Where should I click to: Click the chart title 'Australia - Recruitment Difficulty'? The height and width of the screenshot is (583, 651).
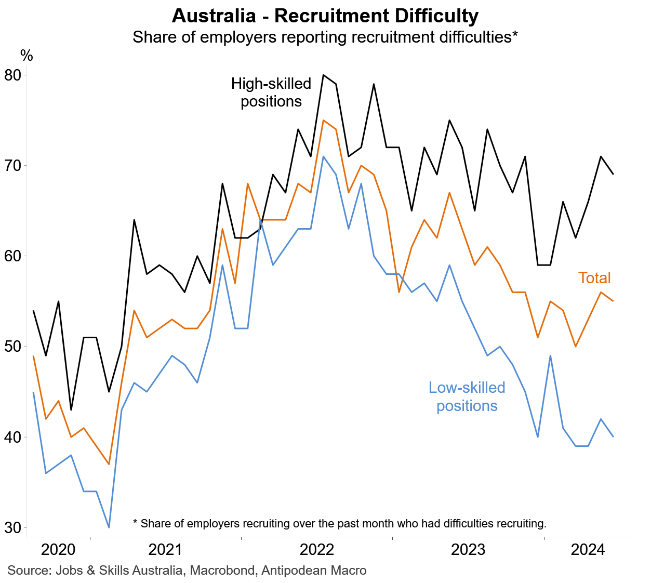[325, 16]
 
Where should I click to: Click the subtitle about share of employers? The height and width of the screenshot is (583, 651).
[325, 37]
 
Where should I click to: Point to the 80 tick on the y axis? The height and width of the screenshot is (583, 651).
[12, 75]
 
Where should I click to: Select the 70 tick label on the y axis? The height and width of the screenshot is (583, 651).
[12, 166]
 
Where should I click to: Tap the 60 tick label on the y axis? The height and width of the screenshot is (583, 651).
[12, 256]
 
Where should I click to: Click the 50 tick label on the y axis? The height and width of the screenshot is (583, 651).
[12, 347]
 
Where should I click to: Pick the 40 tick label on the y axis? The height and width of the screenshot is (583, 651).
[12, 438]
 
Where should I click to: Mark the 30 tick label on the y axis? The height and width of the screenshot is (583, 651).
[12, 528]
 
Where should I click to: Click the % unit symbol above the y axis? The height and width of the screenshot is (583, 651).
[26, 56]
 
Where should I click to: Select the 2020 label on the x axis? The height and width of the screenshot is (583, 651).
[58, 550]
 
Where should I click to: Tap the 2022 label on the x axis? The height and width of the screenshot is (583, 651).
[317, 550]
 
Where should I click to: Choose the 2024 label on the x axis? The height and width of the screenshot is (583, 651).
[588, 550]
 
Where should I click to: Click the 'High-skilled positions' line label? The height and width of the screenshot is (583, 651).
[271, 92]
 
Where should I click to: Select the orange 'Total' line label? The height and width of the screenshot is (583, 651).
[594, 278]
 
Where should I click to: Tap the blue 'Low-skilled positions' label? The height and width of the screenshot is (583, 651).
[467, 396]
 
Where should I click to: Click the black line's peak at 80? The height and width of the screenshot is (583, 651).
[323, 75]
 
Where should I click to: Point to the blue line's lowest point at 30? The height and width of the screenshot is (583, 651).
[109, 527]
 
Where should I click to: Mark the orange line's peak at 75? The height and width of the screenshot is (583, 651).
[323, 120]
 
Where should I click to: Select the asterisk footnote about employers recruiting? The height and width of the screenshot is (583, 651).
[340, 523]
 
